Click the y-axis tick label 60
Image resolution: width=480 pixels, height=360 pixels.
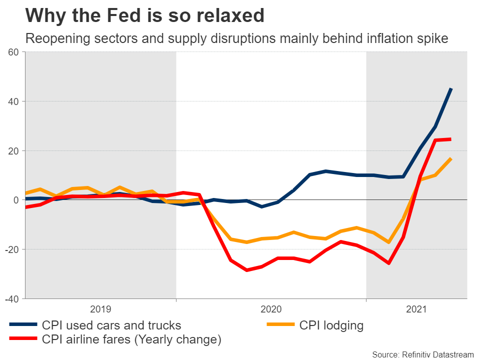pos(13,52)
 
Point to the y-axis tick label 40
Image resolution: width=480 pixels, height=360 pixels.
pos(13,101)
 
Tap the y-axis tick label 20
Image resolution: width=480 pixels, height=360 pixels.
pos(13,151)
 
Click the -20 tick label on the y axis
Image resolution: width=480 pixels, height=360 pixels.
pos(11,249)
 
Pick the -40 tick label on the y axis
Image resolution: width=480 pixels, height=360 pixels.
pos(11,299)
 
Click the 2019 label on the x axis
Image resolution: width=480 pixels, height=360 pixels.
pos(100,309)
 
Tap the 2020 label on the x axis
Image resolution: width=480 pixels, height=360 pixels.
pos(271,309)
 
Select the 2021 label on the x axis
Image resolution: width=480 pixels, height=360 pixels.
pos(416,309)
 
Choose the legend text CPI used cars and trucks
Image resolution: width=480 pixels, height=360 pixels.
pos(111,325)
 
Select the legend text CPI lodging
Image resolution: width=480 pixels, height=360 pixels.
pos(331,325)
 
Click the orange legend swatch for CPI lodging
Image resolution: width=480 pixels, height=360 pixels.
pos(281,325)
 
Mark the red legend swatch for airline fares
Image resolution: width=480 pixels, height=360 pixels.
pos(23,339)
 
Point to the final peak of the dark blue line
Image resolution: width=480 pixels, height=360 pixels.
pos(451,88)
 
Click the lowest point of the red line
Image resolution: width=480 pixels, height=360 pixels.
pos(246,270)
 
